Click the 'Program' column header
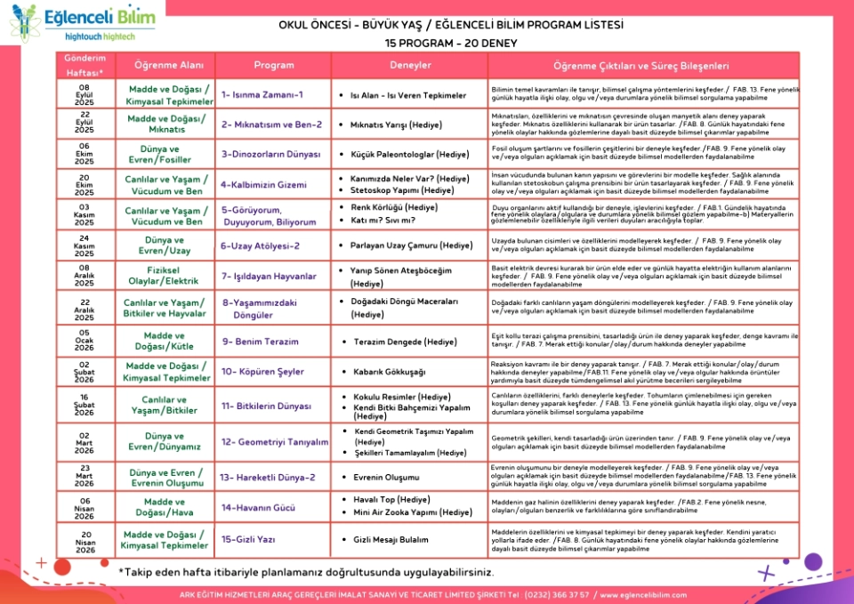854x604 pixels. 273,66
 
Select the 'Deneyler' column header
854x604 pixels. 410,66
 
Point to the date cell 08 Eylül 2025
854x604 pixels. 85,95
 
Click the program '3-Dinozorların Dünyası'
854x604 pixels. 270,154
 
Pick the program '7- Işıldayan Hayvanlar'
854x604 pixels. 269,277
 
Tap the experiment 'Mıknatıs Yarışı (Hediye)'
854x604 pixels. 408,125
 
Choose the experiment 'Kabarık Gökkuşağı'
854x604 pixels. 389,371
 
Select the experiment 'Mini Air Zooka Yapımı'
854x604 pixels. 412,512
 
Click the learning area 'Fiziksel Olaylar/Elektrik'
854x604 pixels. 165,277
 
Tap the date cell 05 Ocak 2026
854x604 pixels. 85,341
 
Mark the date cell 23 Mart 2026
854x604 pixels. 85,477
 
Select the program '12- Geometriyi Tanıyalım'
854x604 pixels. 275,441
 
